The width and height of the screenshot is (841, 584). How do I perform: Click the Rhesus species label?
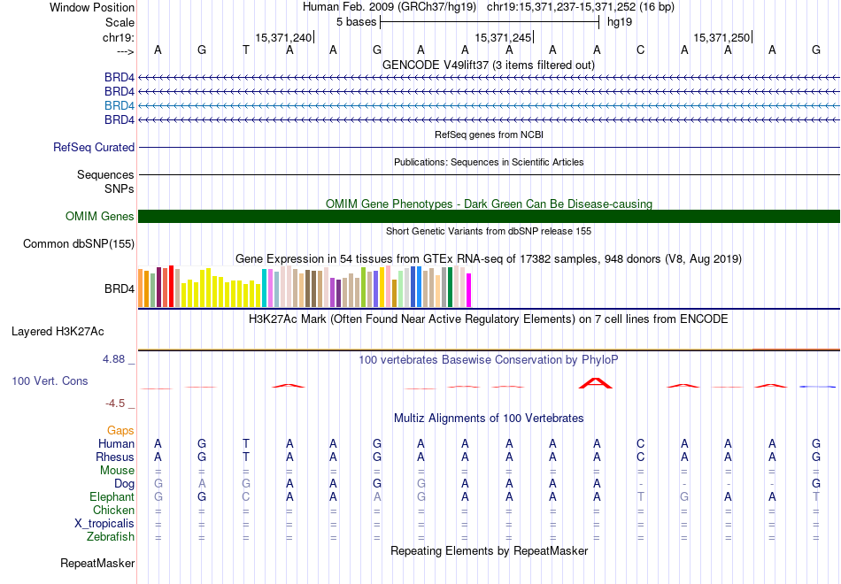[115, 457]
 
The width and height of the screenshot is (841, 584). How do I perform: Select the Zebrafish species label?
[111, 537]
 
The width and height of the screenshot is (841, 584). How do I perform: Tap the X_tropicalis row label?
[104, 524]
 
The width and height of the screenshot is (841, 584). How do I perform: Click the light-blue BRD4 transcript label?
[120, 105]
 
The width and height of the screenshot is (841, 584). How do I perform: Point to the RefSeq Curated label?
[94, 148]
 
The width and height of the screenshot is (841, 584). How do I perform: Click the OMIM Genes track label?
[100, 217]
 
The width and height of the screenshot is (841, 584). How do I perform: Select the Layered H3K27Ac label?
[58, 333]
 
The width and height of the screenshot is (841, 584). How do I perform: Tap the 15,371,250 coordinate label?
[722, 37]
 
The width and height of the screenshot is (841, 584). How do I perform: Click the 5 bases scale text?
[356, 21]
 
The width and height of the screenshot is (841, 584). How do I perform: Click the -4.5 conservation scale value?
[116, 403]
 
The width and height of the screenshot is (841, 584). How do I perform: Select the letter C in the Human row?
[640, 444]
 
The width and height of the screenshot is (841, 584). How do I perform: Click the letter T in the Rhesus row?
[245, 457]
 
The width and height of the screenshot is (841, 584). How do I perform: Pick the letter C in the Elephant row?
[245, 497]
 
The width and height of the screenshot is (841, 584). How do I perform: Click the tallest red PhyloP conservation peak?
[596, 383]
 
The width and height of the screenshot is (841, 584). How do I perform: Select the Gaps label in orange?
[120, 431]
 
